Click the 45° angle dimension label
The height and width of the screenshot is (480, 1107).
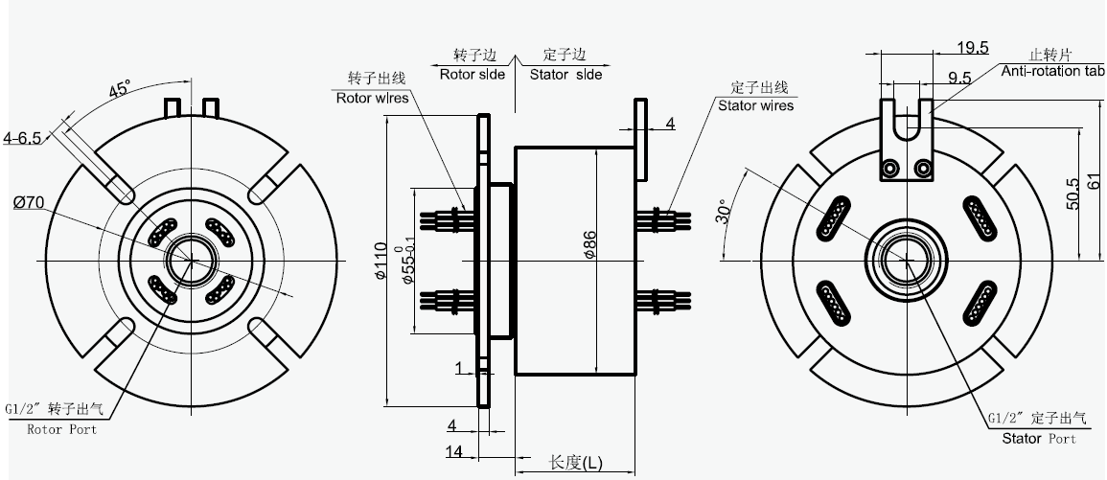coord(120,90)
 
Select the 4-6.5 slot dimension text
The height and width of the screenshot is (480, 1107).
coord(22,138)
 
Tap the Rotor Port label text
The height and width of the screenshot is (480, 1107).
coord(62,429)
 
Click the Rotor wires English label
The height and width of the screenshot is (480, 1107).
coord(372,97)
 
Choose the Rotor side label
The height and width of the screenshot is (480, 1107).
coord(473,74)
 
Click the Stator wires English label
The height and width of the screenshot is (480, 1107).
coord(755,105)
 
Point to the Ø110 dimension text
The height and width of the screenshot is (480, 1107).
coord(381,261)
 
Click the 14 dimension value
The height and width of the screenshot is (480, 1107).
coord(456,449)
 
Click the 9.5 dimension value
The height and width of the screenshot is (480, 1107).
coord(959,77)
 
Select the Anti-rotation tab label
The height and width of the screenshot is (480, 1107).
coord(1053,72)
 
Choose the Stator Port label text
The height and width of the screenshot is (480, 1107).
coord(1039,439)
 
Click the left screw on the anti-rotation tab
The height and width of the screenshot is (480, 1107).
coord(892,170)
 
